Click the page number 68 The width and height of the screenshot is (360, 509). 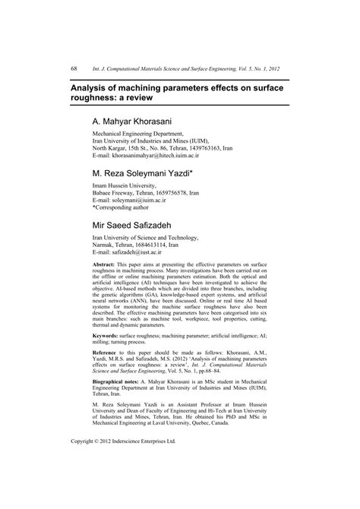click(x=74, y=69)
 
